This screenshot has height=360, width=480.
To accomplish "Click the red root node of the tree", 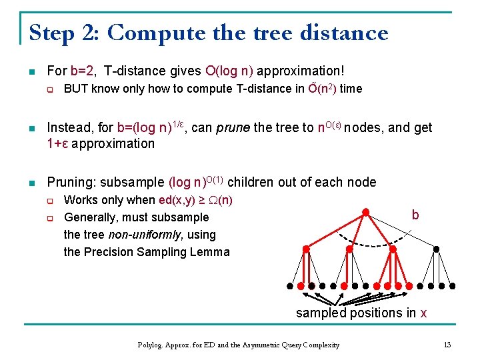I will click(x=365, y=212).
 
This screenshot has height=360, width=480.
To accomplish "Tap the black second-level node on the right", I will click(x=436, y=249).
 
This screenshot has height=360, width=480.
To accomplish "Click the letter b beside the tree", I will click(x=415, y=215).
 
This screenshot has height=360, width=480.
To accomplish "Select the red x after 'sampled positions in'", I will click(x=423, y=313).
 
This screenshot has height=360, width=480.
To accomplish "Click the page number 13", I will click(x=447, y=345).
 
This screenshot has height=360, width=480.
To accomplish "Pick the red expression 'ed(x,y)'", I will click(x=179, y=200).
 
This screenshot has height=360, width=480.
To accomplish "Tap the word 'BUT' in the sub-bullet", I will click(x=76, y=89).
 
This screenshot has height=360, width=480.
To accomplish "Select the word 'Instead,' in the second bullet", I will click(x=71, y=128).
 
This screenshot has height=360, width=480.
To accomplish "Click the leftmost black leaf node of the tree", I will click(x=289, y=285).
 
